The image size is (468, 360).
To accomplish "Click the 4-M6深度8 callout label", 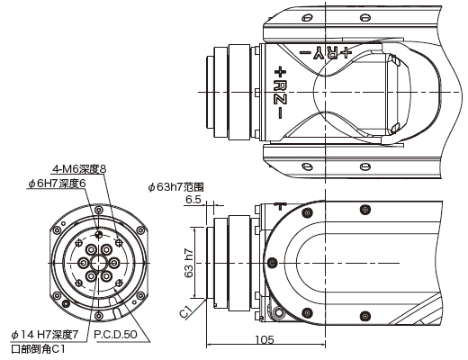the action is tap(79, 169).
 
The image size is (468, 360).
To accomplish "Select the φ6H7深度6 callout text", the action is tap(57, 184).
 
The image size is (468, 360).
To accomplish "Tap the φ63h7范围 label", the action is tap(176, 187).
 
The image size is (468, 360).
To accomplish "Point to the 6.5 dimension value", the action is tap(193, 200).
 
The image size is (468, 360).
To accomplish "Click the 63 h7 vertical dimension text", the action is tap(189, 263).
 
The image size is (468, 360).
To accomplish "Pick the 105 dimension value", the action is tap(265, 339).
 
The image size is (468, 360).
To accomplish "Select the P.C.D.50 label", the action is tap(115, 335).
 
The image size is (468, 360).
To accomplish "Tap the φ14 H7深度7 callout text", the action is tap(45, 335).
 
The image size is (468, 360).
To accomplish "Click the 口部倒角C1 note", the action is tap(38, 349).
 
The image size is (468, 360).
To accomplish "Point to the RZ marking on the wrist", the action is tap(280, 92).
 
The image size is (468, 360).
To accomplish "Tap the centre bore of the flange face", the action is tap(98, 263).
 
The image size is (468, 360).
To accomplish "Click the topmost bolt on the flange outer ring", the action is tap(98, 210).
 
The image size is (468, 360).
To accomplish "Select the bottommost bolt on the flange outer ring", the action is tap(98, 316).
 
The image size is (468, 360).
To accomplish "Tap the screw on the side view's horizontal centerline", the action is tap(272, 263).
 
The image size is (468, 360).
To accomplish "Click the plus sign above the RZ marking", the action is tap(280, 72).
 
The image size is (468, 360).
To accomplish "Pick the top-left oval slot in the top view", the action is tap(306, 18).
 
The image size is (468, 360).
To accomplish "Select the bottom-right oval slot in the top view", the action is tap(365, 166).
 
